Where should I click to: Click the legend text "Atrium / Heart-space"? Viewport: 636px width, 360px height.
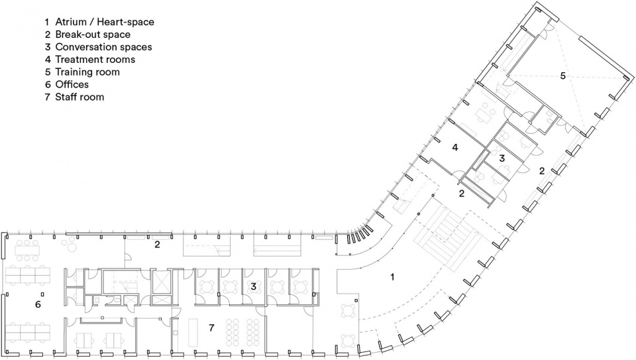click(x=105, y=22)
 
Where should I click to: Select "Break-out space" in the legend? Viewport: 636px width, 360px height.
click(x=93, y=34)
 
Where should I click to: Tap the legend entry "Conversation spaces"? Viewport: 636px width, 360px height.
click(x=103, y=47)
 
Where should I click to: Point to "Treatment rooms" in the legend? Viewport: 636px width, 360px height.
click(x=95, y=60)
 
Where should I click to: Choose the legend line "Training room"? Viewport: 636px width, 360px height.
click(x=87, y=72)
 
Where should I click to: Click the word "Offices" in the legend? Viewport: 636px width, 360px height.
click(x=72, y=84)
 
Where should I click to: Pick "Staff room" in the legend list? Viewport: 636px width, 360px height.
click(x=79, y=97)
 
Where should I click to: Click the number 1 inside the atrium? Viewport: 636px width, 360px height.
click(x=392, y=277)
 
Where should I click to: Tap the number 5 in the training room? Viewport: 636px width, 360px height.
click(x=562, y=76)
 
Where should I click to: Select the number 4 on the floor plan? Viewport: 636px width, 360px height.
click(x=455, y=148)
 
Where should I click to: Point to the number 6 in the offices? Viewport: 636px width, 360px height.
click(x=38, y=304)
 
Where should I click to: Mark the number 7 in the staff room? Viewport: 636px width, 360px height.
click(x=211, y=328)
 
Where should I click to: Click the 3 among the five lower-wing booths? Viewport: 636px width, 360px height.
click(x=254, y=287)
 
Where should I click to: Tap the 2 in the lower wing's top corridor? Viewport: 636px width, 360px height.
click(x=157, y=245)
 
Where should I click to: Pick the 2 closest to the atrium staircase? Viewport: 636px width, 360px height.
click(x=462, y=194)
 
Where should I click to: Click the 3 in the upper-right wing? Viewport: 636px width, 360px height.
click(x=502, y=158)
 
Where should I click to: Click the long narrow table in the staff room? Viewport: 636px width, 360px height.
click(x=193, y=332)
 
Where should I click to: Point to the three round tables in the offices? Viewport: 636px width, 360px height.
click(x=70, y=245)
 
